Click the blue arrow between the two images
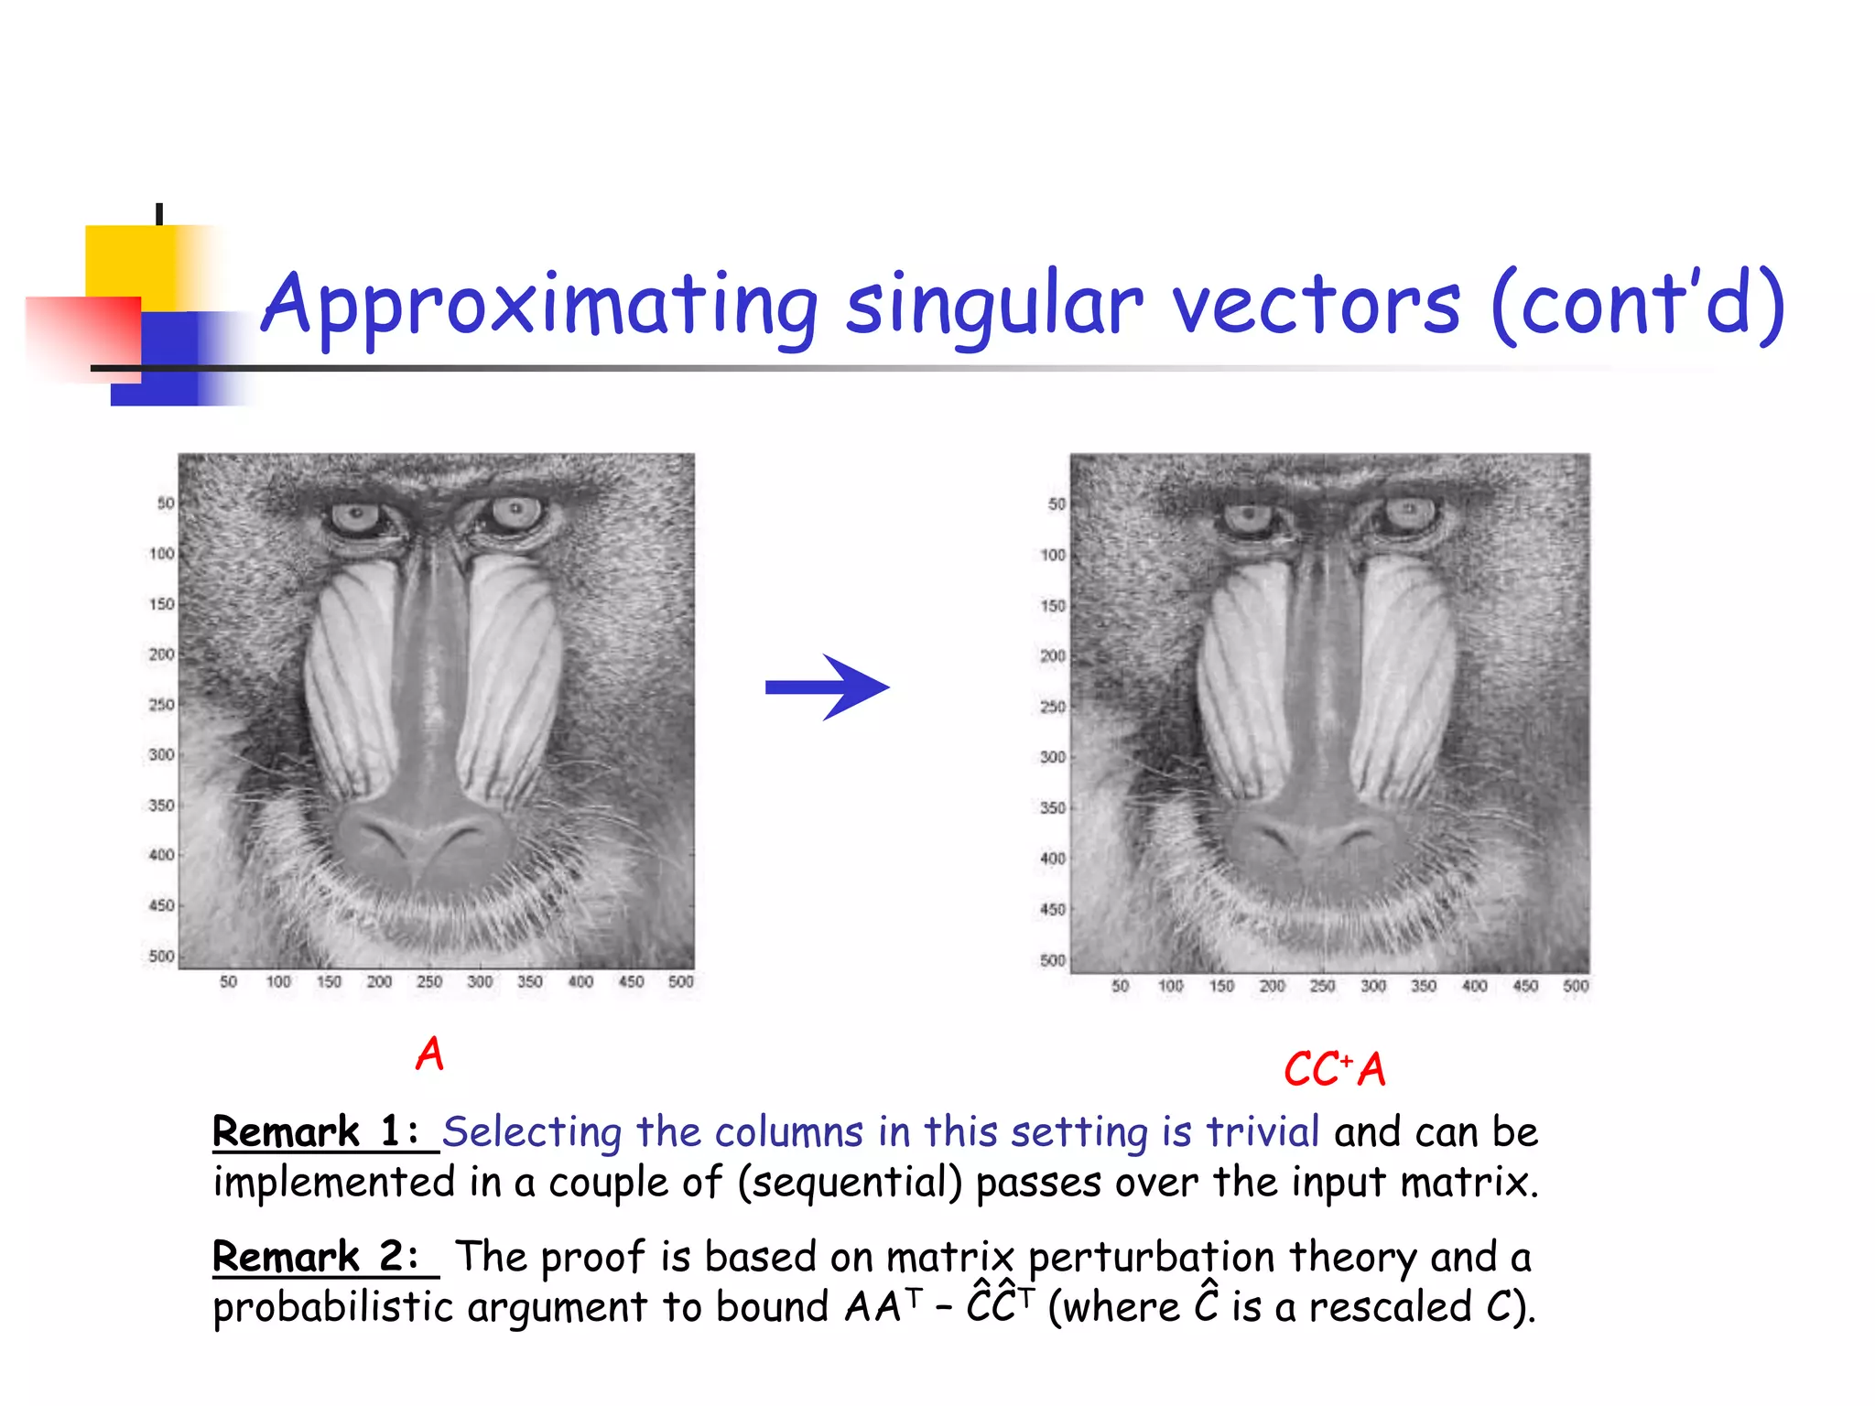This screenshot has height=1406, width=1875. tap(826, 687)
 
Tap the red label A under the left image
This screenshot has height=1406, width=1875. tap(429, 1054)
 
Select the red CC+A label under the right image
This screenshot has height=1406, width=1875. tap(1334, 1069)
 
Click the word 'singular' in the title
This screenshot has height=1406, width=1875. tap(993, 306)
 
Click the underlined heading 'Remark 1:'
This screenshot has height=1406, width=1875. tap(317, 1132)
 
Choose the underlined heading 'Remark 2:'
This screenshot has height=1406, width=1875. tap(317, 1257)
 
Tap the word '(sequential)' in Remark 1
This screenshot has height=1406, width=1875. tap(850, 1183)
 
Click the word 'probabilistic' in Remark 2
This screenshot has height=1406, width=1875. tap(333, 1307)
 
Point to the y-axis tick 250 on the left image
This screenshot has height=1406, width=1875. tap(161, 705)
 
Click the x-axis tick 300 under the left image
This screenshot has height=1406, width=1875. tap(480, 982)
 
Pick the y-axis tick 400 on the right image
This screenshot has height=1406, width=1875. tap(1053, 859)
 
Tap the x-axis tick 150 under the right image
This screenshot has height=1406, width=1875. tap(1221, 987)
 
